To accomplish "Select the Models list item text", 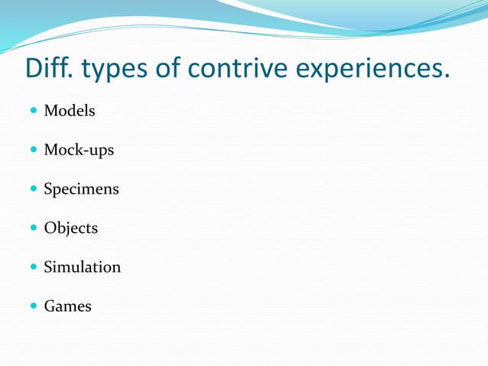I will tap(70, 110).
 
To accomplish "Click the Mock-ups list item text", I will tap(79, 150).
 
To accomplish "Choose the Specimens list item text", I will tap(81, 189).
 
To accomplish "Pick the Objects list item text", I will tap(70, 228).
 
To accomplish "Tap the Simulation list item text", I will tap(82, 267).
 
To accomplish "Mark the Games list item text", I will tap(67, 306).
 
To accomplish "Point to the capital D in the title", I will tap(34, 68).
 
